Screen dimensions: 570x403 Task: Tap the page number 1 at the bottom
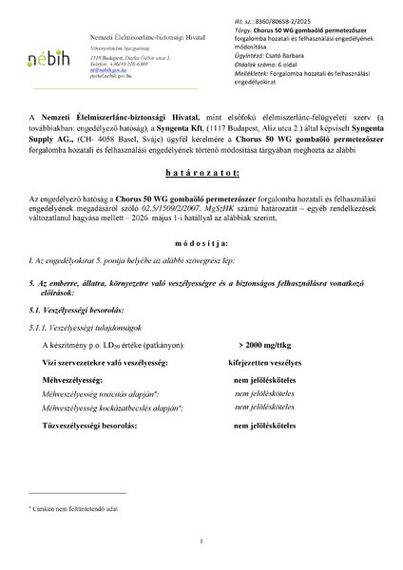[201, 541]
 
